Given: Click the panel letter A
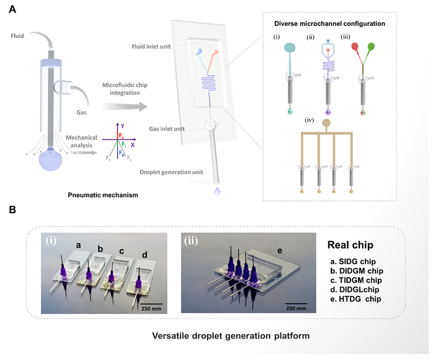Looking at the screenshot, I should click(x=13, y=9).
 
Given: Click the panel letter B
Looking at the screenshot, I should click(x=13, y=210).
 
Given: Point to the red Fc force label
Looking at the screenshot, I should click(x=121, y=136).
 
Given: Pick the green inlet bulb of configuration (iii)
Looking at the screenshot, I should click(x=371, y=47).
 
